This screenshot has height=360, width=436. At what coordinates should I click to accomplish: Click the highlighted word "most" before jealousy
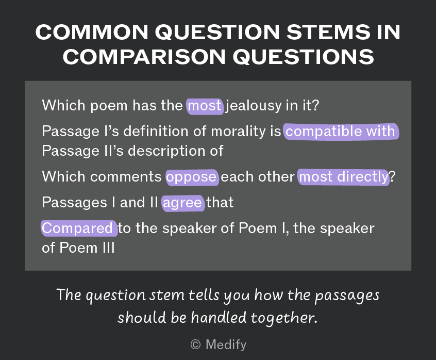click(x=205, y=106)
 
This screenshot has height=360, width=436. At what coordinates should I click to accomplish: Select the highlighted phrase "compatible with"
click(x=341, y=132)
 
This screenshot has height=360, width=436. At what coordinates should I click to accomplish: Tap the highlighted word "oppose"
click(x=192, y=177)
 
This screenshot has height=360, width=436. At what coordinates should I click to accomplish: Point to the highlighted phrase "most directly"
click(x=343, y=177)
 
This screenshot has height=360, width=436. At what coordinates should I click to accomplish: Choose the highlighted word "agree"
click(x=182, y=203)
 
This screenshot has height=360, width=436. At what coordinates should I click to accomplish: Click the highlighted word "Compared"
click(x=79, y=228)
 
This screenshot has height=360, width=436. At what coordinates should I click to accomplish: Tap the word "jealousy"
click(x=254, y=106)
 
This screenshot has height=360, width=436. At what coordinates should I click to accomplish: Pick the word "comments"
click(x=126, y=177)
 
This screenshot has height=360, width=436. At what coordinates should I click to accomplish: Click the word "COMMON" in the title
click(x=92, y=32)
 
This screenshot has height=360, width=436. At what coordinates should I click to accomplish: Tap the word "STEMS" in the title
click(x=328, y=32)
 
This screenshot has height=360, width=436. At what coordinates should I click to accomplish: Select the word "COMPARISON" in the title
click(x=144, y=57)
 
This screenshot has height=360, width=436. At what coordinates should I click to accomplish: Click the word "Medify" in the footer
click(x=226, y=345)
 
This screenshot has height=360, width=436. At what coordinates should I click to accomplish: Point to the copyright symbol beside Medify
click(x=195, y=345)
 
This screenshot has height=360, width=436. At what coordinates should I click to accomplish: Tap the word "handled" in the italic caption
click(x=219, y=317)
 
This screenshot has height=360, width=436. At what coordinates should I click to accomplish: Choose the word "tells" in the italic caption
click(x=204, y=295)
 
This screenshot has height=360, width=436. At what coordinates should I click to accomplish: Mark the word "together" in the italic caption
click(x=283, y=318)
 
